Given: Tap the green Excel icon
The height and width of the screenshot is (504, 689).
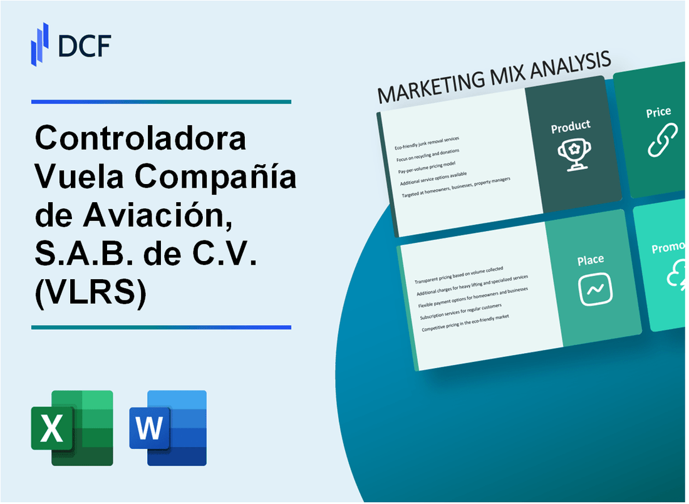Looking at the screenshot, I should pos(72,428).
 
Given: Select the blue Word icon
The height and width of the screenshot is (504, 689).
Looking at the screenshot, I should pos(168,428).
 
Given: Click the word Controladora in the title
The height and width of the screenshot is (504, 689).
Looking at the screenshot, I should pos(141,138).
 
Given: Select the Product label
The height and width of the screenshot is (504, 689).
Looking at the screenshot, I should pos(570,127).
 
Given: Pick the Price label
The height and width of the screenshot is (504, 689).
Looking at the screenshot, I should pos(658,113).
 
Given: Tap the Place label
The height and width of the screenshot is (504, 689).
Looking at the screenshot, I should pos(591,259).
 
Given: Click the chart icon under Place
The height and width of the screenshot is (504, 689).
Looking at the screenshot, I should pos(595,289).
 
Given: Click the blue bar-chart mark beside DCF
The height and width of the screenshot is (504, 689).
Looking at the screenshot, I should pos(39,44).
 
